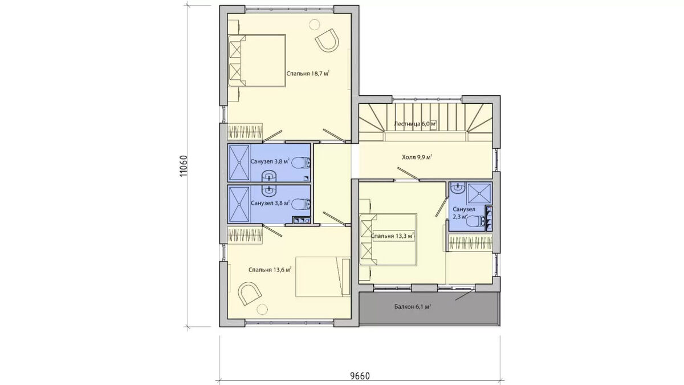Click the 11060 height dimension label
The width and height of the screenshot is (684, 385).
(183, 166)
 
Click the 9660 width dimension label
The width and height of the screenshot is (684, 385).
(360, 375)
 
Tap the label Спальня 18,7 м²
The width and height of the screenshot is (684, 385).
(308, 74)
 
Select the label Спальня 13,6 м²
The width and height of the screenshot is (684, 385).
(270, 270)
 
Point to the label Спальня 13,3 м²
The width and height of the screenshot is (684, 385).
(392, 236)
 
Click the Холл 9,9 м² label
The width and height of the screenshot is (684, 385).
(417, 157)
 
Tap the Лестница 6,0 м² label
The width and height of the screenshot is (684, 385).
(415, 124)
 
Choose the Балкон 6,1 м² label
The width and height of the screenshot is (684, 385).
(412, 306)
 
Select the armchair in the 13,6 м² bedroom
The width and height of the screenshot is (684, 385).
(250, 293)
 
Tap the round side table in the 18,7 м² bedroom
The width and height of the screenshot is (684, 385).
(314, 24)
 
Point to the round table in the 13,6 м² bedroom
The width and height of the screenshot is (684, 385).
(262, 310)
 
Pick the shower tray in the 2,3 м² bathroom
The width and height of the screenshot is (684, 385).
(479, 193)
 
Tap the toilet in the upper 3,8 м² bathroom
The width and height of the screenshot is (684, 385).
(302, 163)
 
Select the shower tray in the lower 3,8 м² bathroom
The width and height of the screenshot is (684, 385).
(239, 204)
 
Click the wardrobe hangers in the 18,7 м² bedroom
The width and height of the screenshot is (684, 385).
(245, 132)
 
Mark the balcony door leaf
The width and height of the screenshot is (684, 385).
(465, 295)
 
